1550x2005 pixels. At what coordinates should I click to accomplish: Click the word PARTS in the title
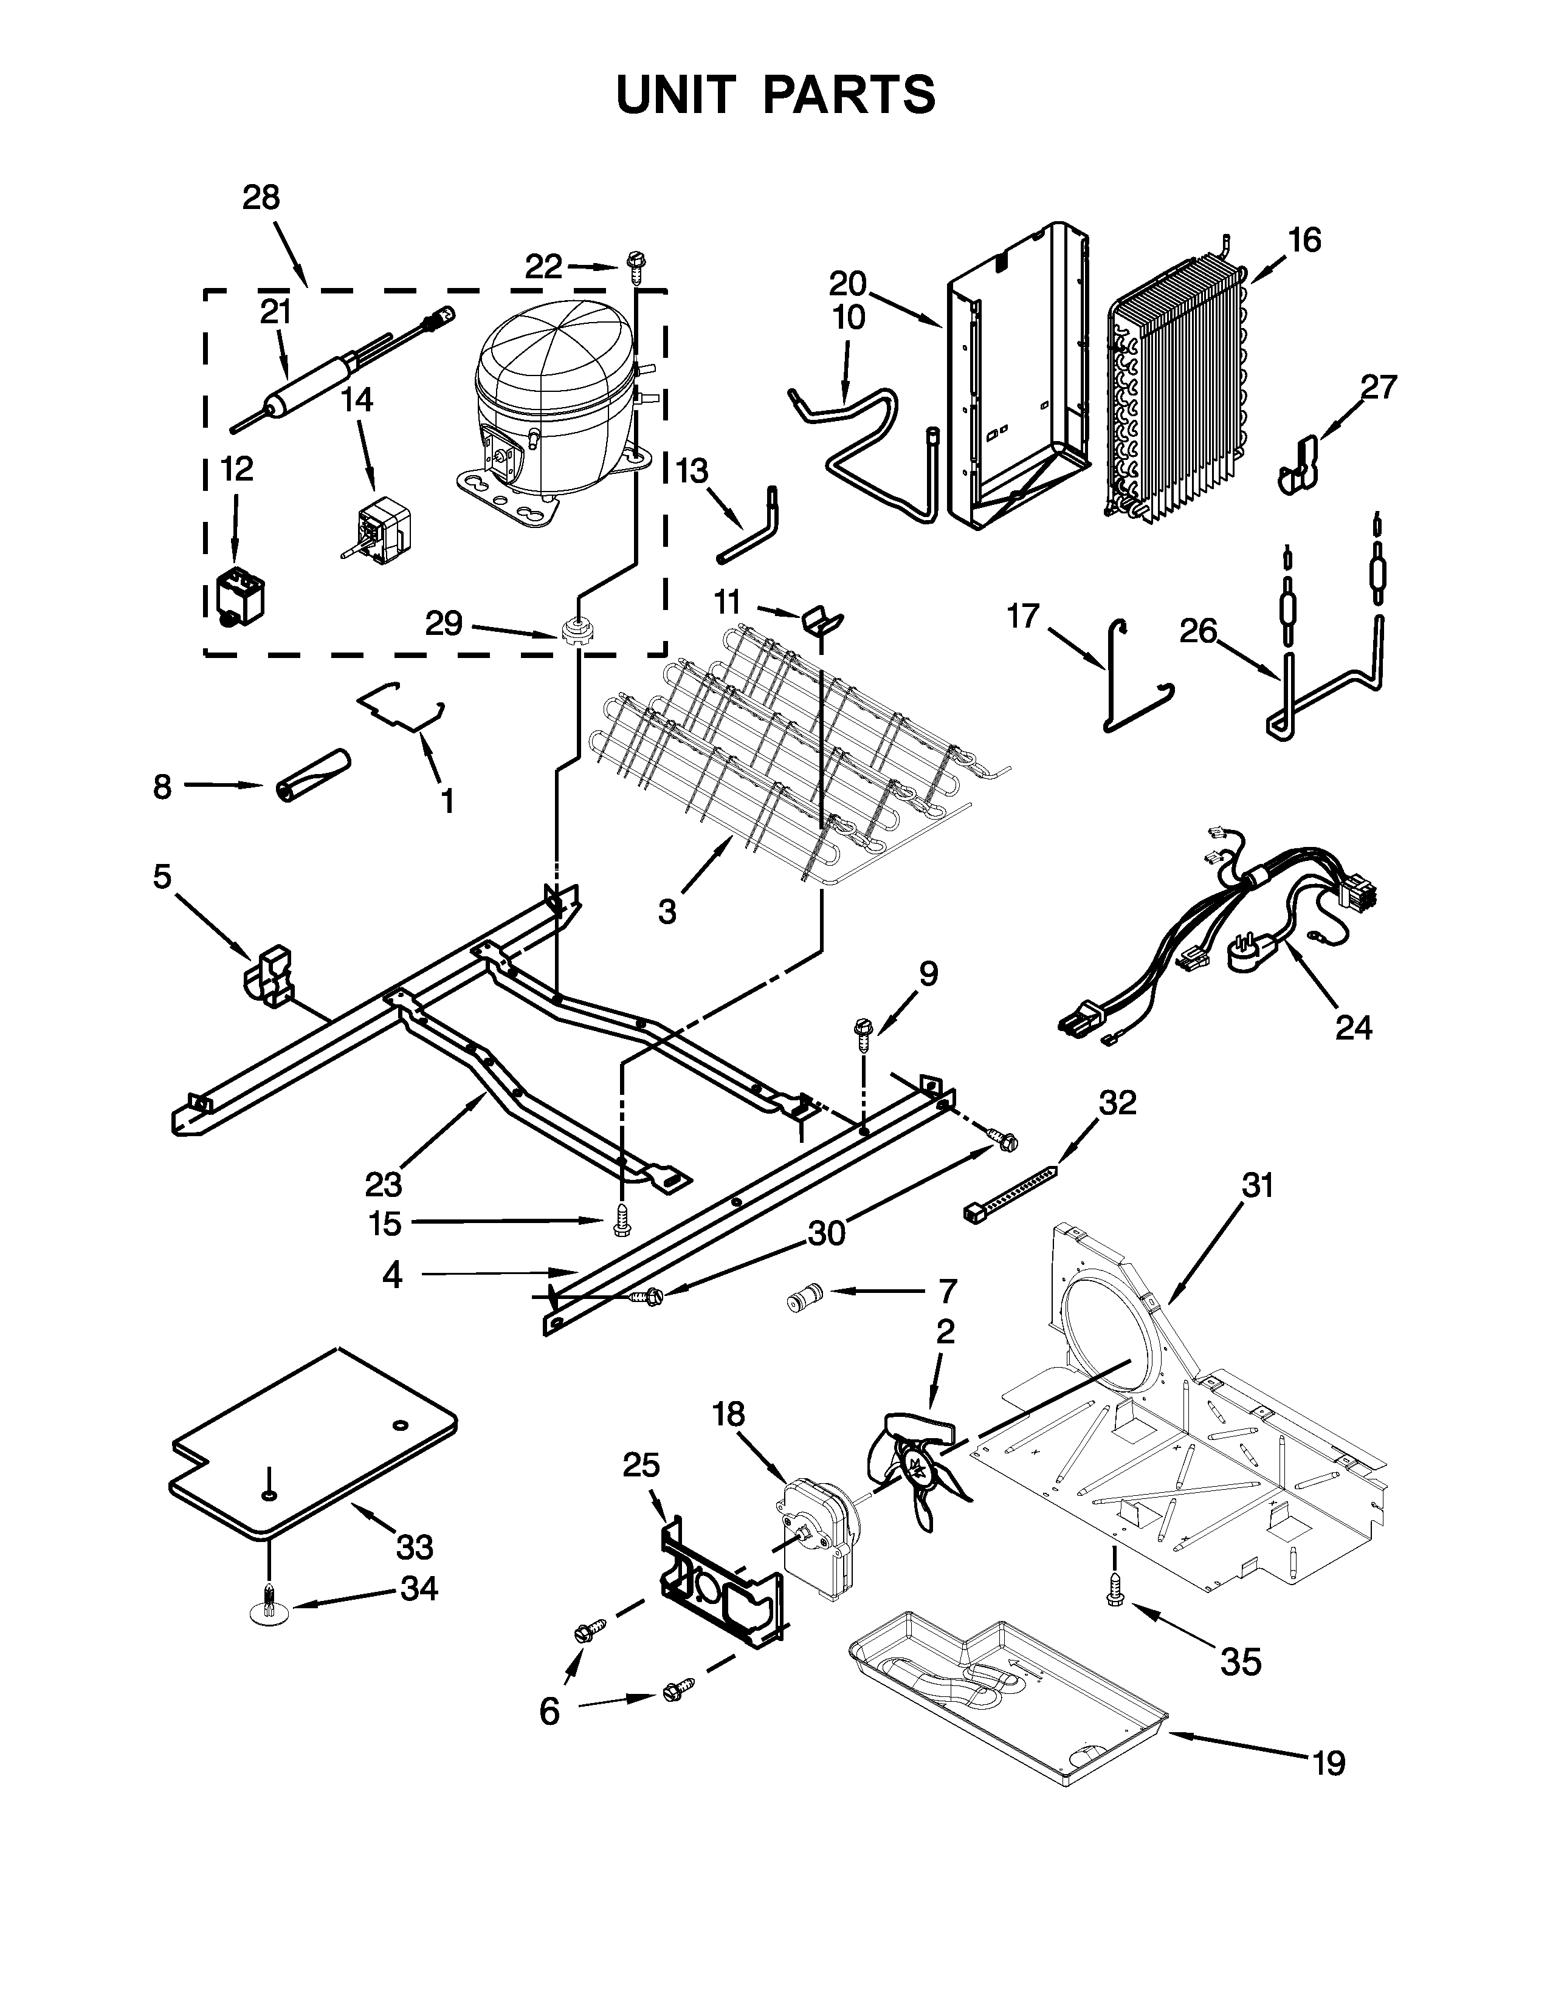coord(849,95)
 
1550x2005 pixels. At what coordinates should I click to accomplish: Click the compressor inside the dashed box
coord(551,404)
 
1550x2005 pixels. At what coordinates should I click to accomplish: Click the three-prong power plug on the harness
coord(1251,955)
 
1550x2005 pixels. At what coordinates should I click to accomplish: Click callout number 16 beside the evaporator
coord(1304,241)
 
